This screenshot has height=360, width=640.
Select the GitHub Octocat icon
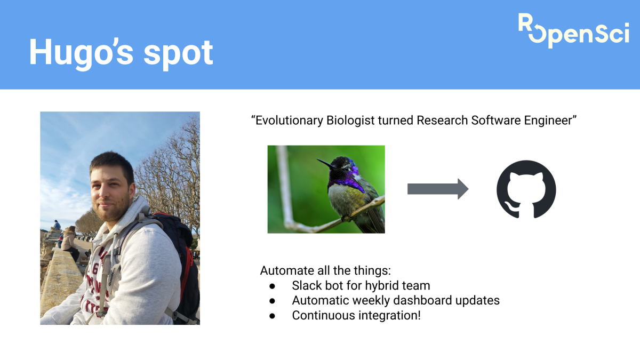pos(526,189)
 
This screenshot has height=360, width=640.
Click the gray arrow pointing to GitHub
pos(437,189)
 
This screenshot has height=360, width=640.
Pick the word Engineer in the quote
pos(549,121)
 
